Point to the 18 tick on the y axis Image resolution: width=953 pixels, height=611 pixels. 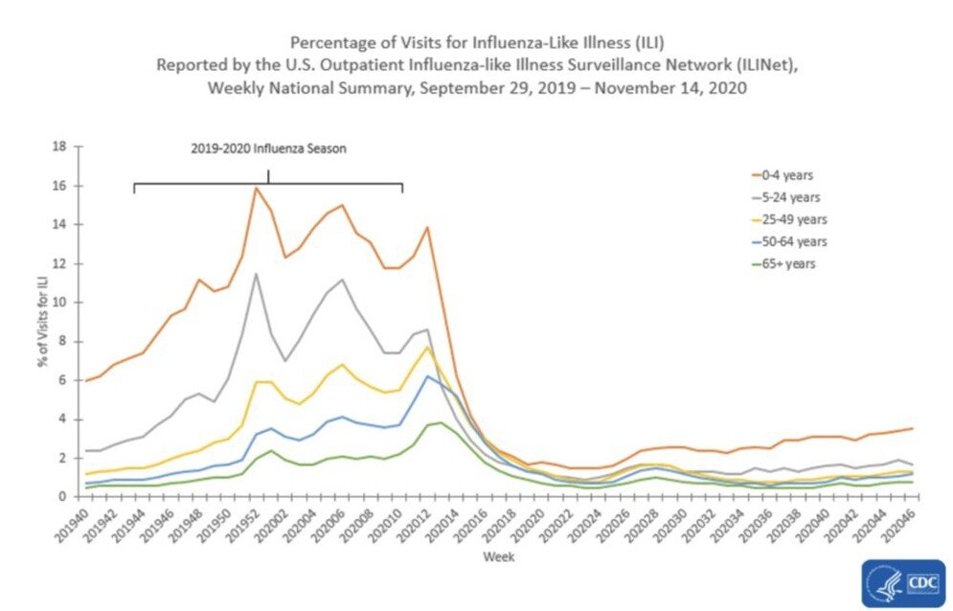(x=58, y=147)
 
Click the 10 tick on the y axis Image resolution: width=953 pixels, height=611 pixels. (x=58, y=303)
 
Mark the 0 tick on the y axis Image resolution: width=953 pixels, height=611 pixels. (x=61, y=497)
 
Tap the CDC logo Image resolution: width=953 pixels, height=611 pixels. (x=902, y=583)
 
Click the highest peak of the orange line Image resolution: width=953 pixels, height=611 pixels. (x=256, y=188)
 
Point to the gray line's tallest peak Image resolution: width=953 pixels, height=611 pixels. (x=256, y=274)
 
